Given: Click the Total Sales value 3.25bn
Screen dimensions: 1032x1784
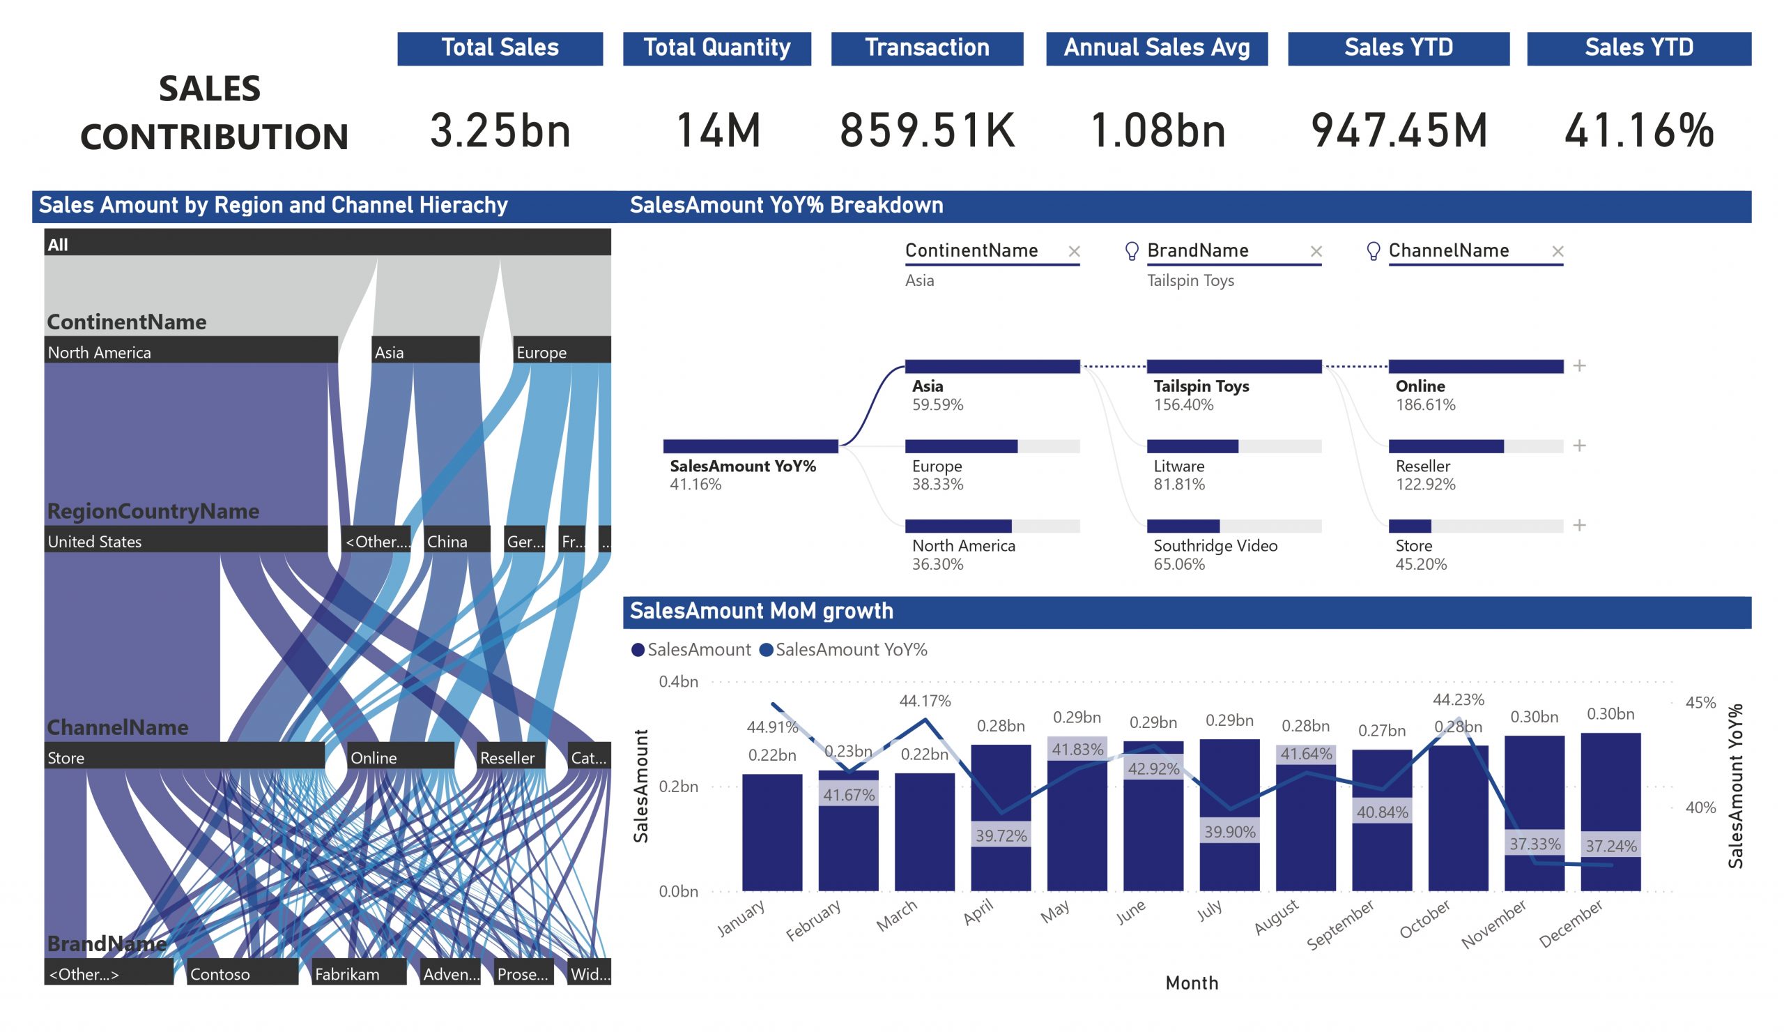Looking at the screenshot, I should click(x=500, y=130).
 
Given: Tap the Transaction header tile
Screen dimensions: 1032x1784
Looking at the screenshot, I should click(x=927, y=48).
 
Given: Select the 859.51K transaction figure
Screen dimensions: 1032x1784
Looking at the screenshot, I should click(x=927, y=130).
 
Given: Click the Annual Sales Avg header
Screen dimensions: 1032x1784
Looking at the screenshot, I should click(x=1156, y=48).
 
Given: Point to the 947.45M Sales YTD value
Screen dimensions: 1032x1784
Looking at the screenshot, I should click(x=1398, y=130).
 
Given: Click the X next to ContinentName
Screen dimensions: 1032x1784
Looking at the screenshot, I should click(x=1074, y=252).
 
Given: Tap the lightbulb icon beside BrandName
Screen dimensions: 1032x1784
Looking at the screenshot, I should click(x=1131, y=251).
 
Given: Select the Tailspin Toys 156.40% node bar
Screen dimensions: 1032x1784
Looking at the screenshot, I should click(x=1233, y=366).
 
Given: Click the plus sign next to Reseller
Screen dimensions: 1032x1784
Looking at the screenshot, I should click(x=1578, y=446).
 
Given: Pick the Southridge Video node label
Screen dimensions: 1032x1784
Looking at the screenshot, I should click(x=1215, y=545).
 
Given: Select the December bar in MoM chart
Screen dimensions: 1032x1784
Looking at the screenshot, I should click(x=1610, y=811).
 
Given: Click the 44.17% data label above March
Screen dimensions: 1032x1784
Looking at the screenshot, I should click(x=925, y=701).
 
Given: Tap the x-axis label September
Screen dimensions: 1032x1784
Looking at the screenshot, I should click(x=1339, y=924).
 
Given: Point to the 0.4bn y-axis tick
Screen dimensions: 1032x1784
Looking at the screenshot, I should click(x=678, y=681).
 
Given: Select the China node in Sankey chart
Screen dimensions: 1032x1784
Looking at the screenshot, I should click(x=456, y=541).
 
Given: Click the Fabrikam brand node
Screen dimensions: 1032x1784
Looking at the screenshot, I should click(x=359, y=974).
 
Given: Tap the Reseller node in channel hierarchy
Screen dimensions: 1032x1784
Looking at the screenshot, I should click(x=510, y=757).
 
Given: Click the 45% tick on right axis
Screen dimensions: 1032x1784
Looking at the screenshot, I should click(x=1700, y=703).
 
